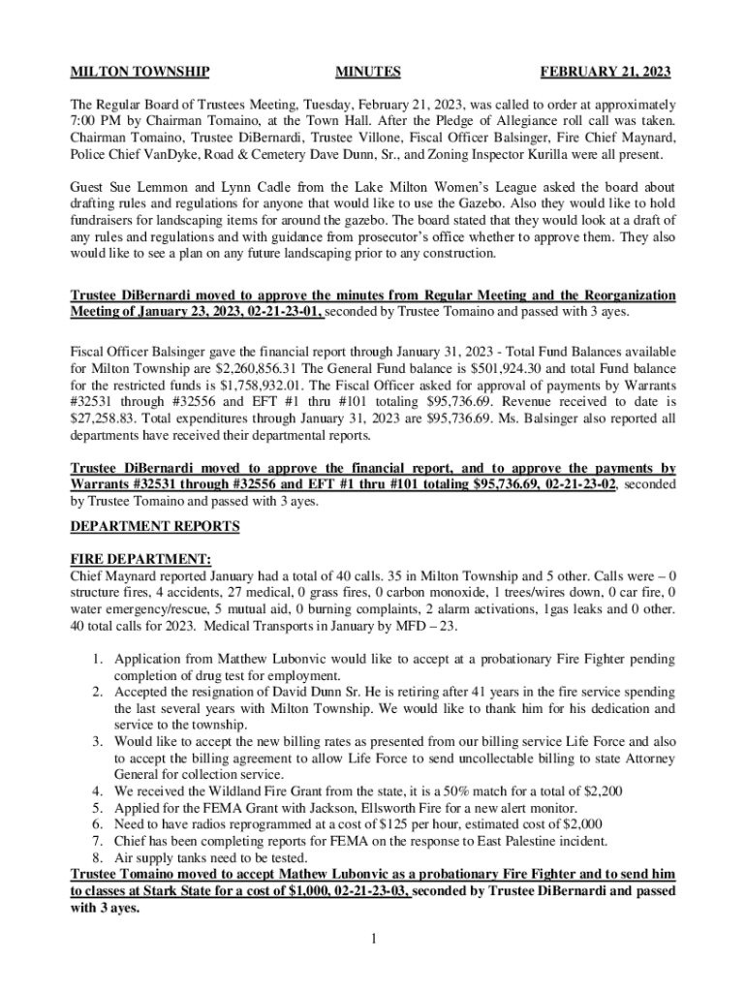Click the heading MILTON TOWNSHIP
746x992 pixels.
140,73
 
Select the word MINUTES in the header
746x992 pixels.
367,73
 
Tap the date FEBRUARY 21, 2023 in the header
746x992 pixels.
605,73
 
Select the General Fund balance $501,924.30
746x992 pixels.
509,368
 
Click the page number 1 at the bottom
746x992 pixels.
373,938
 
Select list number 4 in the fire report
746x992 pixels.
97,791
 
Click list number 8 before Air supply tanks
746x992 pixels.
97,857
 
